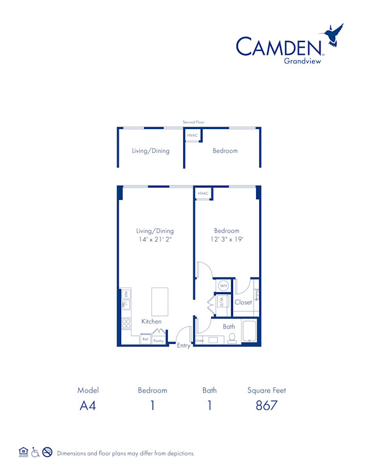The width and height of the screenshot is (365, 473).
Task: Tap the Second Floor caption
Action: pos(193,122)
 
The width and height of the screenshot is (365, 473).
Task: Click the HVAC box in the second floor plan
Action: pos(192,135)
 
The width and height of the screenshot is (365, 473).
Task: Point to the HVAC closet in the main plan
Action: pos(203,194)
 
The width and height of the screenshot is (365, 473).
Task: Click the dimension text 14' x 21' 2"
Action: pos(155,240)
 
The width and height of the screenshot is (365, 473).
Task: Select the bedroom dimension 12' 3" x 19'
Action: pos(226,240)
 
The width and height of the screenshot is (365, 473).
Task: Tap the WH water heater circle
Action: pos(223,286)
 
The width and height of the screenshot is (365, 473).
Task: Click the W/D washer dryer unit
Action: pos(222,301)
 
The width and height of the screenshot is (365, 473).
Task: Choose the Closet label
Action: pos(243,302)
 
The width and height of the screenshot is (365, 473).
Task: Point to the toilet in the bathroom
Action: pos(232,338)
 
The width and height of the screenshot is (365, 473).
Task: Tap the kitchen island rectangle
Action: pos(159,302)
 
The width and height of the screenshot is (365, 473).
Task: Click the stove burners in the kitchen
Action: pos(127,324)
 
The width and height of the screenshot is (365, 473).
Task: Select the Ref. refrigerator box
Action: pos(146,340)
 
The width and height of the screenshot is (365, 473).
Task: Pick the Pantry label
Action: pos(158,340)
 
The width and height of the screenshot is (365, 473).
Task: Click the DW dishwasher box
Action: pos(126,295)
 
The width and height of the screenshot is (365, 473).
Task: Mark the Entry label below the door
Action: pos(183,346)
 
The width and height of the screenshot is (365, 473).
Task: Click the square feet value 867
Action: pos(266,405)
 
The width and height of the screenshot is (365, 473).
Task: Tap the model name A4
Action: pos(88,405)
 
